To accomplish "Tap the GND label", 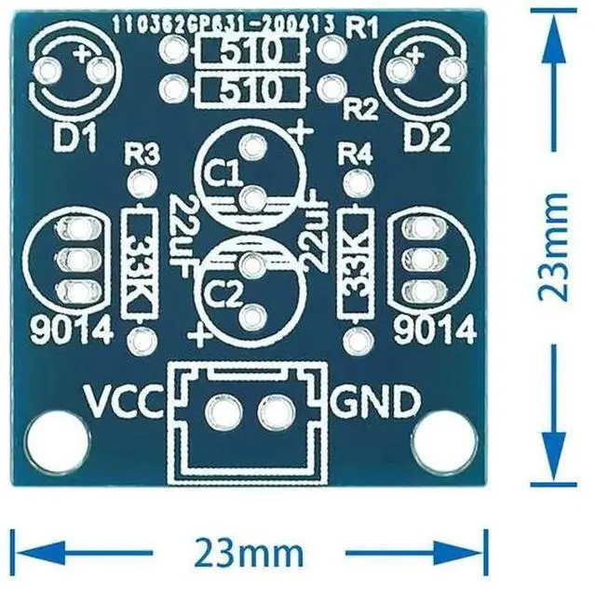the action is (x=374, y=403).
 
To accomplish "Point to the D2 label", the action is (x=427, y=139).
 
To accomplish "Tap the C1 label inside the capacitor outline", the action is (x=223, y=174).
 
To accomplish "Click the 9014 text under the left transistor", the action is (x=72, y=330).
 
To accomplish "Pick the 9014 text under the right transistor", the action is (x=436, y=330).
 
